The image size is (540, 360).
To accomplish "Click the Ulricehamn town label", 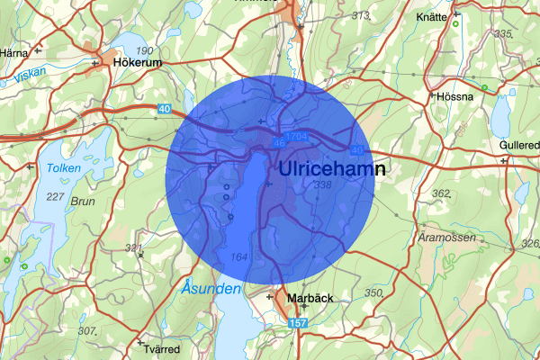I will point(332,169).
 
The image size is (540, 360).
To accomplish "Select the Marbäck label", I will point(310,298).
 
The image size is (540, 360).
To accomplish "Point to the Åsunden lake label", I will point(211,289).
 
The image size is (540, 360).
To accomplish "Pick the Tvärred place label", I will point(162,349).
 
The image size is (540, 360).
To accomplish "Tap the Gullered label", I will point(520,146).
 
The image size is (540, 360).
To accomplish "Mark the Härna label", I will point(14,53).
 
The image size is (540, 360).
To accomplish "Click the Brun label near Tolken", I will point(82,202).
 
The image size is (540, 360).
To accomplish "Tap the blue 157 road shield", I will point(296,322).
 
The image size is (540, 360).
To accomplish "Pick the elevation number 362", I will point(441,193).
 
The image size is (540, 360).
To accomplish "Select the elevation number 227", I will point(56,196).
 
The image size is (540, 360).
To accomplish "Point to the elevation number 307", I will point(86,331).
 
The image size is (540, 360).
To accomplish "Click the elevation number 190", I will point(143,49).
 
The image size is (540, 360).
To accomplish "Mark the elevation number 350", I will point(373,293).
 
